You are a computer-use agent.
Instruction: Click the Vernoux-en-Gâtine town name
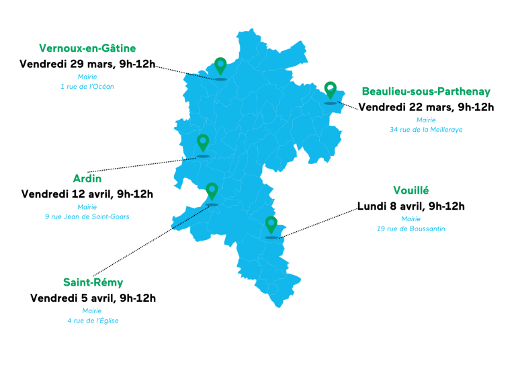coord(87,48)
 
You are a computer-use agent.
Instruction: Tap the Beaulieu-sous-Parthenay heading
coord(426,91)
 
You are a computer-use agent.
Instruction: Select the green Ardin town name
coord(87,179)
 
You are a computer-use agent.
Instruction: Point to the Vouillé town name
coord(411,191)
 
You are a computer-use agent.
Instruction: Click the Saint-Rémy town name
coord(93,282)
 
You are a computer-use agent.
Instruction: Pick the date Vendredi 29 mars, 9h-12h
coord(87,65)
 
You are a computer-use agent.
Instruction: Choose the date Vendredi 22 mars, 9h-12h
coord(426,107)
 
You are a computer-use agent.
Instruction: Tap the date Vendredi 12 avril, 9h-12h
coord(87,194)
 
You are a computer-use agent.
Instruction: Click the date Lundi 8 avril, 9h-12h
coord(411,206)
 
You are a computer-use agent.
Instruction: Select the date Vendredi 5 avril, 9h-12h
coord(93,298)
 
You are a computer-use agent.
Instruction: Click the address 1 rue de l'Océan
coord(87,87)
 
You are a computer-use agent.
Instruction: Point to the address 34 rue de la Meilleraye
coord(426,129)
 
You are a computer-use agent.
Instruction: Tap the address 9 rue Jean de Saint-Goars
coord(87,216)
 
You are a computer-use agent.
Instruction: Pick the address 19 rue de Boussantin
coord(411,229)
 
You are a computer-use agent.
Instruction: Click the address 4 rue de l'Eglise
coord(93,321)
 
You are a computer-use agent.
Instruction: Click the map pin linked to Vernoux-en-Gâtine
coord(220,67)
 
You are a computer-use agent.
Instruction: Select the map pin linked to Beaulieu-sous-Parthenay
coord(330,91)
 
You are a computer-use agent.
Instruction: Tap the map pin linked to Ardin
coord(203,143)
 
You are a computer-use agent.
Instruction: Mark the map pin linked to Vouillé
coord(271,225)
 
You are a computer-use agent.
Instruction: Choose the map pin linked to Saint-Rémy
coord(212,192)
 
